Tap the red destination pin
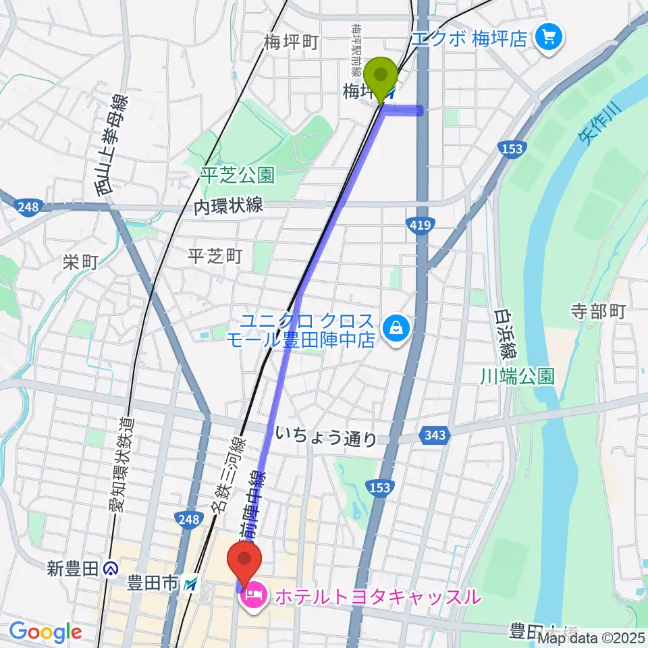coord(245,559)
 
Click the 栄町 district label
coord(81,262)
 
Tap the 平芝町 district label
coord(215,256)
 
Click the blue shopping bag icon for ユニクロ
coord(394,328)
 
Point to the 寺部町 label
coord(599,311)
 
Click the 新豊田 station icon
coord(112,568)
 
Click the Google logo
coord(45,632)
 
